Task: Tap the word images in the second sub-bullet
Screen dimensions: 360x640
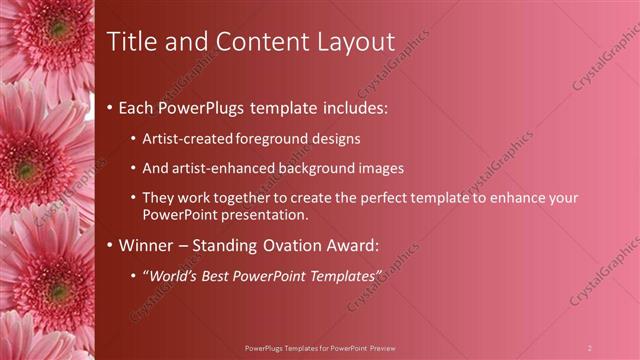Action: point(382,168)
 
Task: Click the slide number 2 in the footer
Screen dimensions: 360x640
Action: point(589,347)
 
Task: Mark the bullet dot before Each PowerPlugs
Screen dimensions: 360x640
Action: point(109,106)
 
